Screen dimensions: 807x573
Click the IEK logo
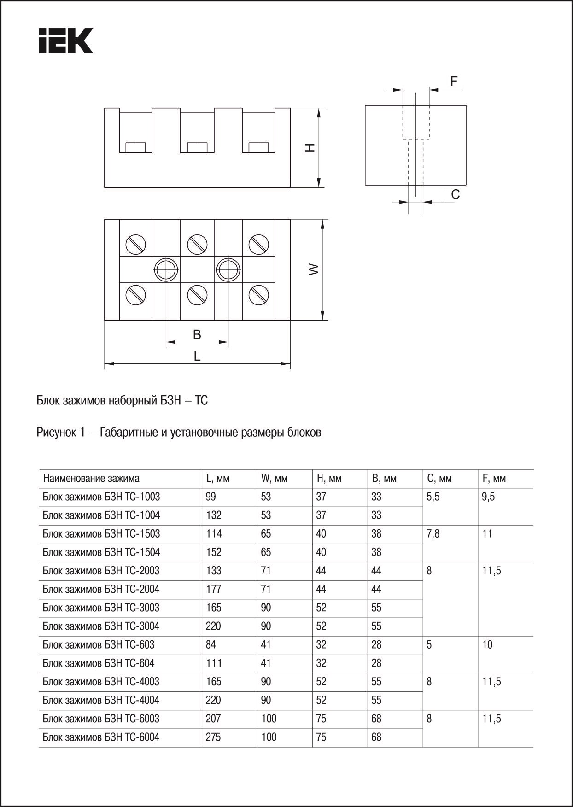tap(65, 41)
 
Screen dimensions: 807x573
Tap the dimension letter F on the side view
tap(454, 82)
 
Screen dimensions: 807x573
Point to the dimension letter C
tap(455, 195)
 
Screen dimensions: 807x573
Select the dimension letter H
tap(311, 147)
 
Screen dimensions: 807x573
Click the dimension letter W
tap(314, 269)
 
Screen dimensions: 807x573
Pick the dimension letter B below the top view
tap(197, 335)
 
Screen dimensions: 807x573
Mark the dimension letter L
tap(197, 356)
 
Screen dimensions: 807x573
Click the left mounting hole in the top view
tap(166, 269)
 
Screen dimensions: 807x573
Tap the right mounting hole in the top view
tap(228, 269)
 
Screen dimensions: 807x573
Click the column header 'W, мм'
tap(274, 479)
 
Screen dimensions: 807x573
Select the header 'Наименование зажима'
tap(91, 479)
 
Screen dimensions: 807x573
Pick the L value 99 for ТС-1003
tap(211, 497)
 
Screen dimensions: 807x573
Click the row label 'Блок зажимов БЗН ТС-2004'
tap(101, 589)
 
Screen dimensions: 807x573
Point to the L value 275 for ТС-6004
tap(213, 737)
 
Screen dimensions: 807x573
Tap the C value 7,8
tap(433, 534)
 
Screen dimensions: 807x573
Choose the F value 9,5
tap(489, 497)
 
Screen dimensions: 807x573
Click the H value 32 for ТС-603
tap(321, 644)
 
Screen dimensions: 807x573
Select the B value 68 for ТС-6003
tap(376, 719)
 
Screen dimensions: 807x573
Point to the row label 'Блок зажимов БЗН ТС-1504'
tap(101, 552)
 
